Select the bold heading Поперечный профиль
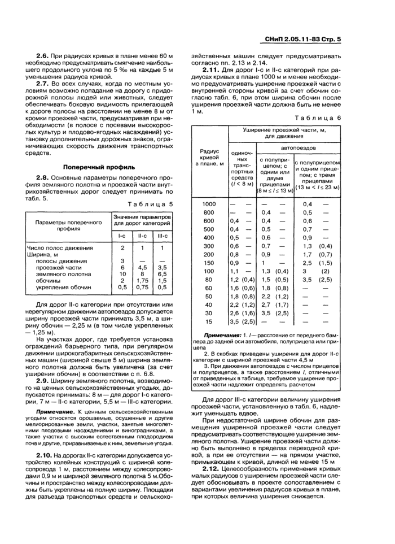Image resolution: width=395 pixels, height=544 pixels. [99, 167]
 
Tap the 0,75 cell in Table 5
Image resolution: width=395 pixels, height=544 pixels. [142, 287]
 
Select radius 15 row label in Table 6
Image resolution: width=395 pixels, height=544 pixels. [209, 321]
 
